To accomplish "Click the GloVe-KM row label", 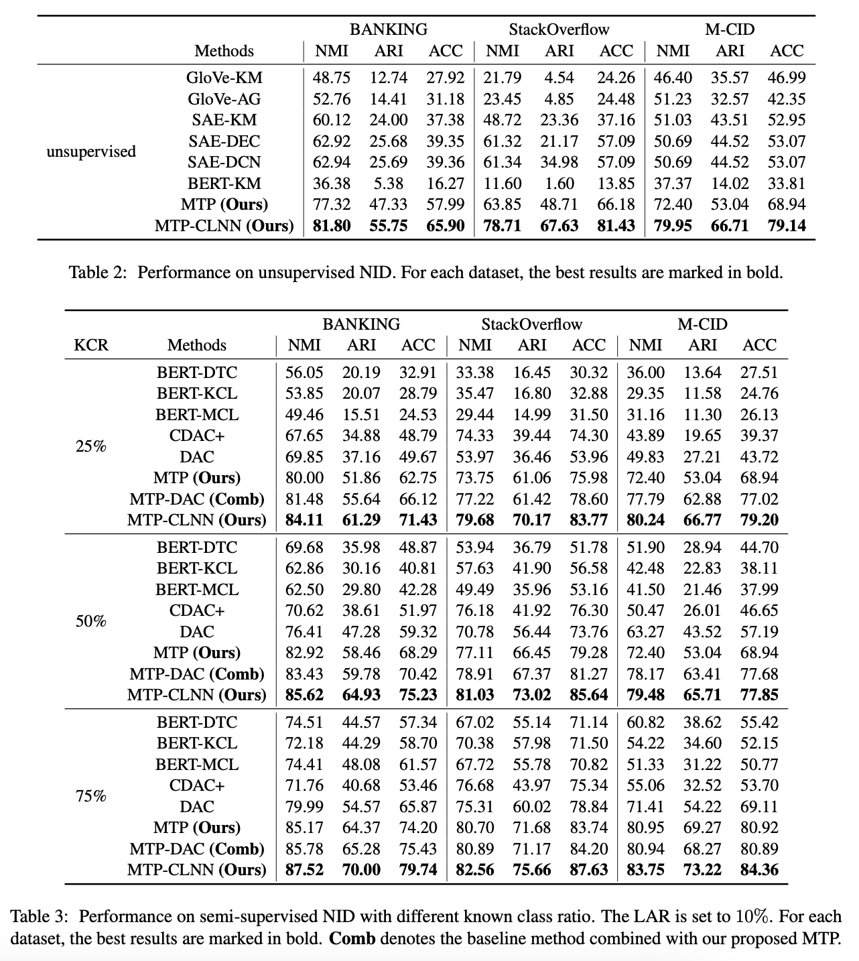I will point(224,78).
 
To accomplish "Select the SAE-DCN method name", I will point(224,162).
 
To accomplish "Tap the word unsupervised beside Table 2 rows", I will point(91,151).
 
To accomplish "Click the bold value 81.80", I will point(332,226).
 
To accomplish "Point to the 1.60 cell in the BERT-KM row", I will point(559,184).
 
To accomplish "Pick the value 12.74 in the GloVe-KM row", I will point(389,78).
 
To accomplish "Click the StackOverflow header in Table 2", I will point(559,29).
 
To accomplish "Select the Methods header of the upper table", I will point(224,51).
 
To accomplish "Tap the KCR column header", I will point(91,345).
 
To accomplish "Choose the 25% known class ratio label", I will point(91,446).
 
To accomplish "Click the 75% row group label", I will point(91,796).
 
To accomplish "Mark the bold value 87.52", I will point(304,870).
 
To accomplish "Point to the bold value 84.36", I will point(759,870).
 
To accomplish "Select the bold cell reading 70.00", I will point(361,870).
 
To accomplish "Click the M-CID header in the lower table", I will point(702,324).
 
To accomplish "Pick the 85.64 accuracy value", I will point(589,695).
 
